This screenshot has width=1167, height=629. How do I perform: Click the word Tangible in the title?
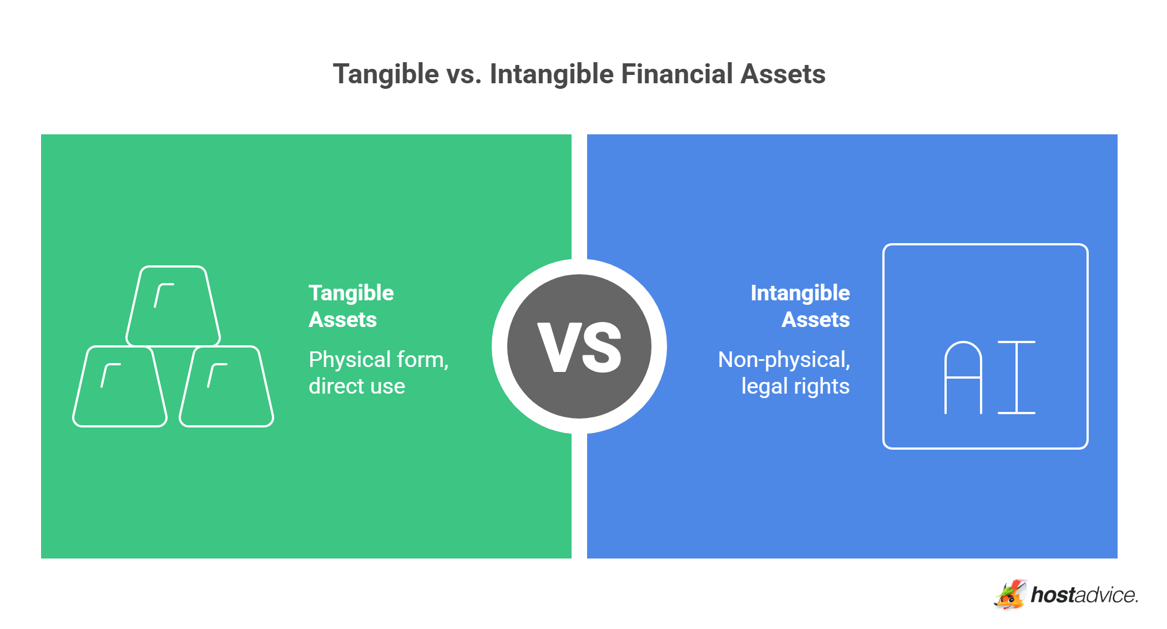tap(386, 74)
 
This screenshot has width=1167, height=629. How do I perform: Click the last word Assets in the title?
tap(783, 74)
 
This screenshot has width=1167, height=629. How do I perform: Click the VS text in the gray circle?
tap(579, 348)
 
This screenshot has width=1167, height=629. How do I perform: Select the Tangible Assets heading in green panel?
tap(351, 306)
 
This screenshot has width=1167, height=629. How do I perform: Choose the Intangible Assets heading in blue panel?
tap(800, 306)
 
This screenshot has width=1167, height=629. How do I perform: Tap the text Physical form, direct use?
tap(378, 373)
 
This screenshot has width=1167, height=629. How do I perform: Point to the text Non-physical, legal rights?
tap(784, 373)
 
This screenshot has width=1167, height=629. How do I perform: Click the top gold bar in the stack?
tap(173, 306)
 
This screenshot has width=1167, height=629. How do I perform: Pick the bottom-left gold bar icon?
tap(120, 386)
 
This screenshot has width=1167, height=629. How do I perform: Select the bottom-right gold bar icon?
tap(226, 386)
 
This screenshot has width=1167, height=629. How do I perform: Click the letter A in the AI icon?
tap(963, 378)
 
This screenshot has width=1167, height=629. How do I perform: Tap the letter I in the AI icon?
tap(1016, 378)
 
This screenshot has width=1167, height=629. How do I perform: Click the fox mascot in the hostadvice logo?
tap(1009, 595)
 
